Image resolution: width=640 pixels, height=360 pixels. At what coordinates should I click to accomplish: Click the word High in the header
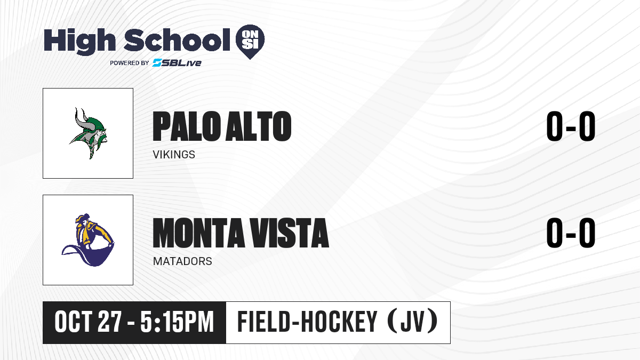pos(80,41)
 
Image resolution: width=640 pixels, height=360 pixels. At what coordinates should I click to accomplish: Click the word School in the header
pos(177,40)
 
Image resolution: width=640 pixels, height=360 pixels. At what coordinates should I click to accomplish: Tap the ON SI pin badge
pos(250,42)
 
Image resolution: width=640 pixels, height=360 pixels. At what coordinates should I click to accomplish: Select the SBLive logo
pos(177,62)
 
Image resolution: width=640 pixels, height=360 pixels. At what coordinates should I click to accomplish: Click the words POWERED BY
pos(130,63)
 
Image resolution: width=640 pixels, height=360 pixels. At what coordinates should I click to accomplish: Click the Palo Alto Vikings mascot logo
pos(88,133)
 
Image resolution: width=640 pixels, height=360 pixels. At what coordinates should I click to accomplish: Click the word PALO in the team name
pos(187,126)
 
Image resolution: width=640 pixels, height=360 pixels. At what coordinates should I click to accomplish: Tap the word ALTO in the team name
pos(258,126)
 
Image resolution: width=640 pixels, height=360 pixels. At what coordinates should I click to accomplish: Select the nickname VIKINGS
pos(174,155)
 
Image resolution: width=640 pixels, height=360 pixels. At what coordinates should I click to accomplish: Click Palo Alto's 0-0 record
pos(571,126)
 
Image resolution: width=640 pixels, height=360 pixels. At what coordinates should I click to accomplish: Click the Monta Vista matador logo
pos(88,240)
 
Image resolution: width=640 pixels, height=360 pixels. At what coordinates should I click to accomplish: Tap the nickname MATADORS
pos(182,261)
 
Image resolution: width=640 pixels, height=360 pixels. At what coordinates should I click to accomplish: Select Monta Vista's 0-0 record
pos(571,233)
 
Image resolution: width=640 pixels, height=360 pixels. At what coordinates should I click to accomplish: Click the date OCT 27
pos(88,322)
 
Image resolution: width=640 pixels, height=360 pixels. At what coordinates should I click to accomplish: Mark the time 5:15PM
pos(177,322)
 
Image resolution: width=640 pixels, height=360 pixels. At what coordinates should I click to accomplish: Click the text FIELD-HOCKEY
pos(307,322)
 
